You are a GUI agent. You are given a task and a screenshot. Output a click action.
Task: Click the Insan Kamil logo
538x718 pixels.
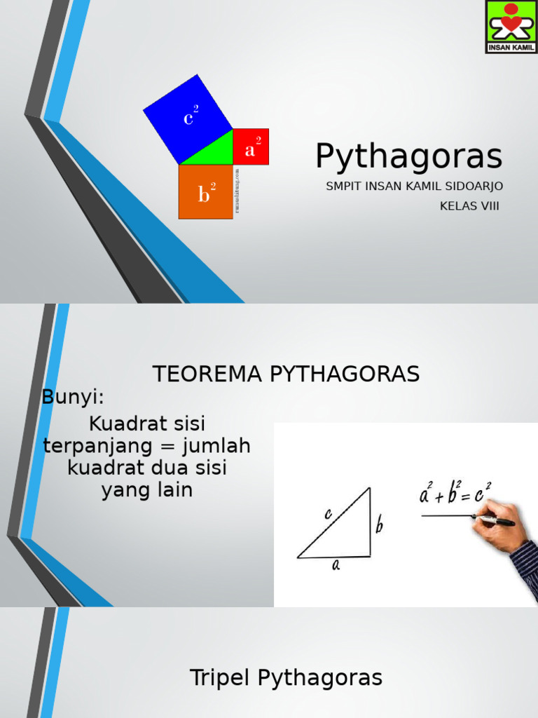[511, 27]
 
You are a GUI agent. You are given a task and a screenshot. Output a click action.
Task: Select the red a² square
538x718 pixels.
[251, 147]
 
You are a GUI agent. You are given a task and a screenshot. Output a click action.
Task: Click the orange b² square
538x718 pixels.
[205, 192]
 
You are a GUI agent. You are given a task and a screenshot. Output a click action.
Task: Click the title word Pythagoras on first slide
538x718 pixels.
[408, 156]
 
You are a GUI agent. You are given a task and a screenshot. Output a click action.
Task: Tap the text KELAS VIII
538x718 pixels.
[469, 205]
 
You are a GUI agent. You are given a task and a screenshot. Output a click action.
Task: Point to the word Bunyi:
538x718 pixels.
[73, 397]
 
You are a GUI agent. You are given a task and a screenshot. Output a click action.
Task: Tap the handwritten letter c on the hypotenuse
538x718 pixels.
[328, 514]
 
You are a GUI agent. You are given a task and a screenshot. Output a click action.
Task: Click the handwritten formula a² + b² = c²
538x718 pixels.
[455, 494]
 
